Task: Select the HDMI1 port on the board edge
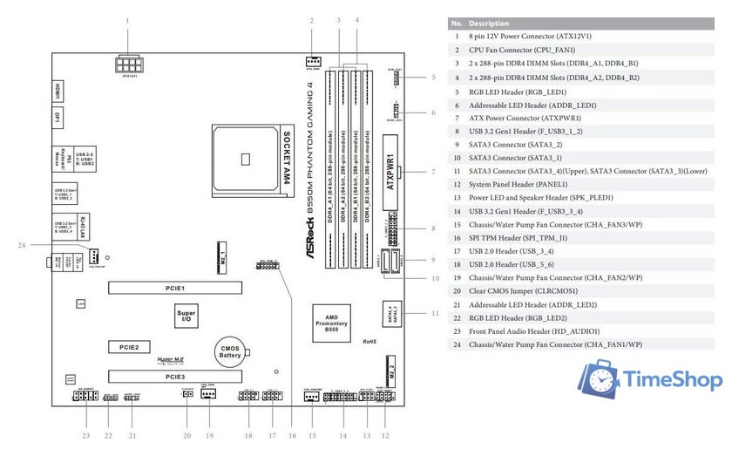57,90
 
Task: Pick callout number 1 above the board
127,19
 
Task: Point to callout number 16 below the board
293,434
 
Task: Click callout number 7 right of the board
433,173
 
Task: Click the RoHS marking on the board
370,342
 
